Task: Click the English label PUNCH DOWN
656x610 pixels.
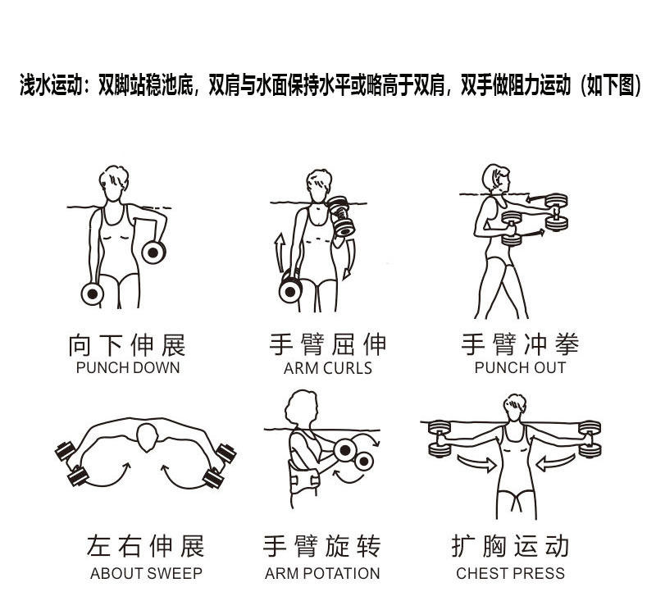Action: [127, 367]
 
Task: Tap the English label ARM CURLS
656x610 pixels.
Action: [327, 368]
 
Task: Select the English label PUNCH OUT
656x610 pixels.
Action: [520, 367]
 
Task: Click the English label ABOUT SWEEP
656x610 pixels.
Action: [146, 573]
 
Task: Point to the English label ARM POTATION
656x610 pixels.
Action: [322, 573]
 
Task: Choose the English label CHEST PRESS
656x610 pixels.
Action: [510, 573]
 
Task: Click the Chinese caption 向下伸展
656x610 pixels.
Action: [127, 344]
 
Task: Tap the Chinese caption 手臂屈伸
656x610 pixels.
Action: [327, 344]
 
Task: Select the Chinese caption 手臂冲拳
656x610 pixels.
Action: [520, 344]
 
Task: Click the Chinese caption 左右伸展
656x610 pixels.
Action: [146, 546]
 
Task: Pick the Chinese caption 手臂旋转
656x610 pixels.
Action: [322, 546]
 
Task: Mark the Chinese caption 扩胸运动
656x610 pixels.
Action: [510, 546]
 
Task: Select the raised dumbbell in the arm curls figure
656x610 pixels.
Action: [341, 215]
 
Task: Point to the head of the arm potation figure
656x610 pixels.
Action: [303, 407]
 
